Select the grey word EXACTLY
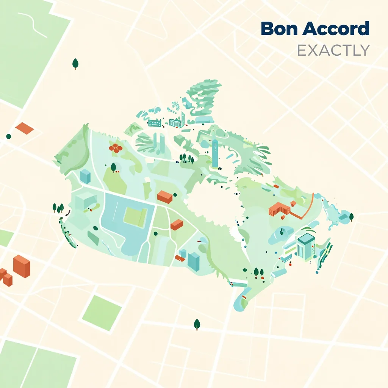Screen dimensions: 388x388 (333, 50)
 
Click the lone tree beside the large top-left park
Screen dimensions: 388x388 (75, 64)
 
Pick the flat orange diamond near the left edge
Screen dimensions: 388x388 (25, 128)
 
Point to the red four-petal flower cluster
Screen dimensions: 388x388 (116, 148)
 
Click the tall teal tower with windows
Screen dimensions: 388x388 (215, 153)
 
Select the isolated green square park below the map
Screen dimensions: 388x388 (102, 313)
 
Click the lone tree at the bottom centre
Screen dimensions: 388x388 (197, 324)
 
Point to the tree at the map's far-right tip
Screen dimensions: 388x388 (351, 216)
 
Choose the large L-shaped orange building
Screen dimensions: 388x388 (279, 209)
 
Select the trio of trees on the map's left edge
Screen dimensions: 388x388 (58, 207)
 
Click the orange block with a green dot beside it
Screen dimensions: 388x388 (165, 196)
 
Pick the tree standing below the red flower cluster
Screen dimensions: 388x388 (113, 167)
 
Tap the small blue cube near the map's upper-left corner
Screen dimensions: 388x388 (85, 176)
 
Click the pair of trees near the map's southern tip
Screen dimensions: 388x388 (259, 272)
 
